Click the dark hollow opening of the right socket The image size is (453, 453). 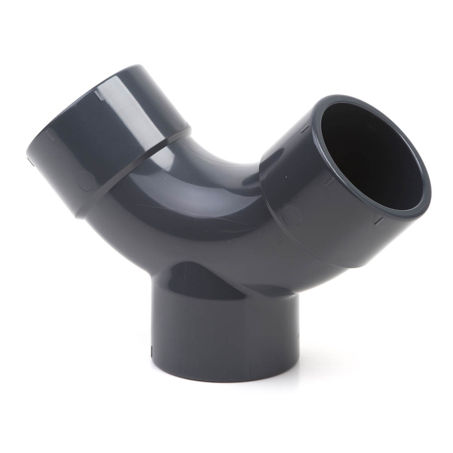(x=369, y=156)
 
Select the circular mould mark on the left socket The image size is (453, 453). (x=86, y=181)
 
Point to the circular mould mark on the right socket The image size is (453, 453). (x=291, y=216)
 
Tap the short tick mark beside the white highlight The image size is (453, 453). (x=97, y=95)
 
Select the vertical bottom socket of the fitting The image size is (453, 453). (x=224, y=335)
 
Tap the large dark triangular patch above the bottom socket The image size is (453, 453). (x=199, y=276)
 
